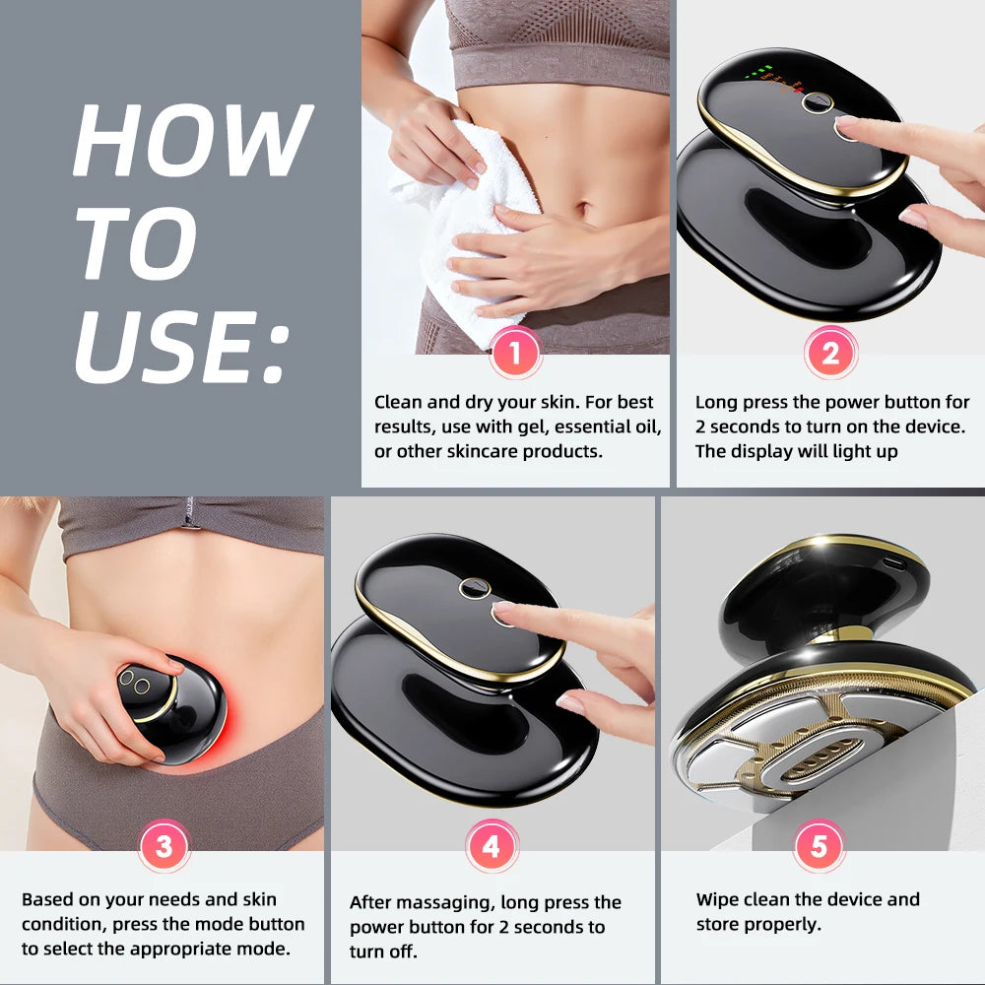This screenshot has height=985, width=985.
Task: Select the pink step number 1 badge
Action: [x=515, y=353]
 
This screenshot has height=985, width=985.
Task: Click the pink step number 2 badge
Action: [x=830, y=353]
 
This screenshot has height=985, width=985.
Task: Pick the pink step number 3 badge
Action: [x=164, y=846]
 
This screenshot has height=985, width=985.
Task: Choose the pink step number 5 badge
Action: [x=819, y=846]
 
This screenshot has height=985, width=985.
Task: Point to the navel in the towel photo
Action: [x=583, y=210]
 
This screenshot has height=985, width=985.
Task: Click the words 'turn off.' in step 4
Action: [x=383, y=952]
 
